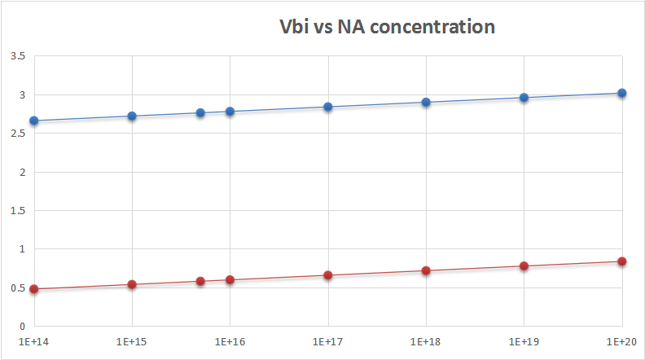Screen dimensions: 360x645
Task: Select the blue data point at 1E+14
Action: click(34, 121)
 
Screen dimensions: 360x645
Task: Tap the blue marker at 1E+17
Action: click(328, 107)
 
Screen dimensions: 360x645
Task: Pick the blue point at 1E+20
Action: click(622, 93)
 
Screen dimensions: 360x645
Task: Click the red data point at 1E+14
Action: click(34, 289)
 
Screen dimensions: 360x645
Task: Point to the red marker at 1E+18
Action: click(426, 270)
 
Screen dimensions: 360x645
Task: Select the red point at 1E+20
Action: click(622, 261)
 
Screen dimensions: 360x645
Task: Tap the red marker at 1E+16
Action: click(230, 280)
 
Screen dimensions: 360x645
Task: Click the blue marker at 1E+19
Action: click(524, 98)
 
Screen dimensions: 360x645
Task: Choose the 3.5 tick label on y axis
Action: click(16, 56)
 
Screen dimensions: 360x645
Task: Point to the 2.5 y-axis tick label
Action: click(16, 134)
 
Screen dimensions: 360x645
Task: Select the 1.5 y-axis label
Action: click(16, 211)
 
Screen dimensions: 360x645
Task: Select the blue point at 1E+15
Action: click(132, 116)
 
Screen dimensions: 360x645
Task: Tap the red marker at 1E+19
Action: click(524, 266)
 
